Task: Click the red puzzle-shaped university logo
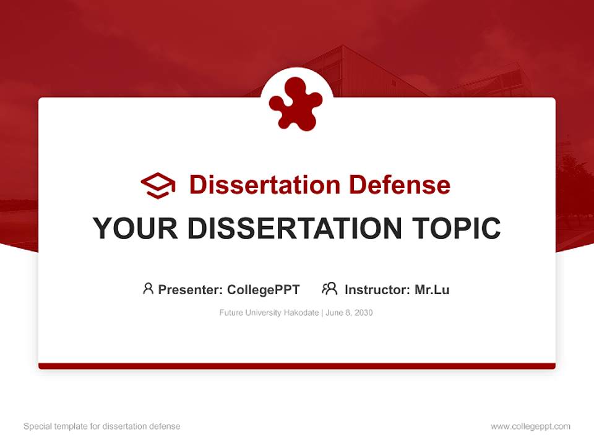pos(296,103)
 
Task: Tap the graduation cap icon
pos(158,185)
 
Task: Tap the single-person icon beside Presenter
pos(148,289)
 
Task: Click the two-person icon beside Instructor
pos(329,289)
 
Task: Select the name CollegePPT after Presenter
pos(263,289)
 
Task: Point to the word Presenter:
pos(191,289)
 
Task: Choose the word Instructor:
pos(377,289)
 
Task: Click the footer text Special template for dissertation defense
pos(101,426)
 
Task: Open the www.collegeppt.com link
pos(530,426)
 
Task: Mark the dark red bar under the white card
pos(296,366)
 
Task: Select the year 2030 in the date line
pos(363,313)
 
